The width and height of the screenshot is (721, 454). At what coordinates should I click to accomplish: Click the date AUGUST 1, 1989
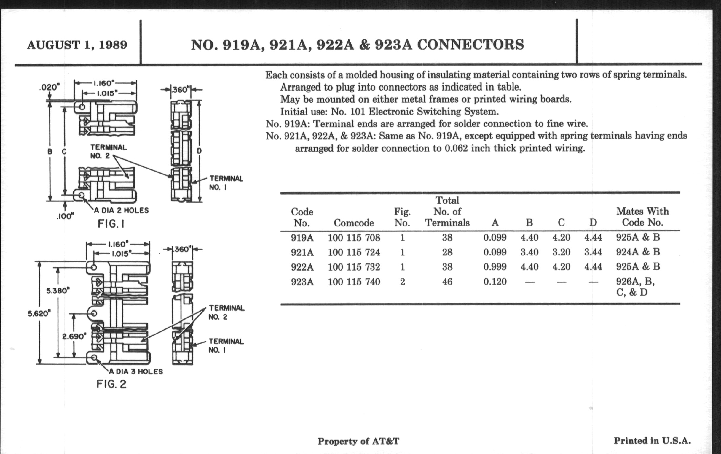pyautogui.click(x=77, y=45)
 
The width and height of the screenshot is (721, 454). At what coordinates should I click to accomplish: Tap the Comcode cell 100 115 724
pyautogui.click(x=354, y=252)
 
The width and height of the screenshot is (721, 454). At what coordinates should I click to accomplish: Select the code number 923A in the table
pyautogui.click(x=302, y=282)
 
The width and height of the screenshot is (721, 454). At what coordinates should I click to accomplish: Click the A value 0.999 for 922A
pyautogui.click(x=495, y=267)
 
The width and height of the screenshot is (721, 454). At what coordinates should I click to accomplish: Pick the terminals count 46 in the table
pyautogui.click(x=447, y=282)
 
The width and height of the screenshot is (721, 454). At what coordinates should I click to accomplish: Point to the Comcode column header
pyautogui.click(x=354, y=223)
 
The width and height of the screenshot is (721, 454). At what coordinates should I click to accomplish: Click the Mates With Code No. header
pyautogui.click(x=642, y=217)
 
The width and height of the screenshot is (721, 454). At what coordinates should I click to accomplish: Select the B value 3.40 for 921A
pyautogui.click(x=529, y=252)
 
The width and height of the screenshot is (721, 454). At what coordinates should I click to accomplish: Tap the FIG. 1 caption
pyautogui.click(x=111, y=224)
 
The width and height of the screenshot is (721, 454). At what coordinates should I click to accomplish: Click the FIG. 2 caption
pyautogui.click(x=111, y=384)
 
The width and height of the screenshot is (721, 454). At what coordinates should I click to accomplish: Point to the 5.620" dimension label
pyautogui.click(x=39, y=313)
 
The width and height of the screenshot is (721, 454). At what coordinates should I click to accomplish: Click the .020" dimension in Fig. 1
pyautogui.click(x=50, y=87)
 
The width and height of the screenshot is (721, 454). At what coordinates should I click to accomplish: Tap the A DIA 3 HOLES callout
pyautogui.click(x=136, y=372)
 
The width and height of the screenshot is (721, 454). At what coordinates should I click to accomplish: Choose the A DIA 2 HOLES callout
pyautogui.click(x=121, y=210)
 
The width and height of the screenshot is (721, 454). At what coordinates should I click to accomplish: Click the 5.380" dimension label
pyautogui.click(x=58, y=291)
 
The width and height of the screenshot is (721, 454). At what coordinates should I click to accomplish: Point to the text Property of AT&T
pyautogui.click(x=358, y=441)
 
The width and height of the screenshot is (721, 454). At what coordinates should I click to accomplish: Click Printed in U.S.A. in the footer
pyautogui.click(x=652, y=441)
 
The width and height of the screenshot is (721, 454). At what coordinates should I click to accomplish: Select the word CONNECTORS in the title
pyautogui.click(x=470, y=45)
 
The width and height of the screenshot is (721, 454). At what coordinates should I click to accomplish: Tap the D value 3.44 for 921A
pyautogui.click(x=593, y=252)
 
